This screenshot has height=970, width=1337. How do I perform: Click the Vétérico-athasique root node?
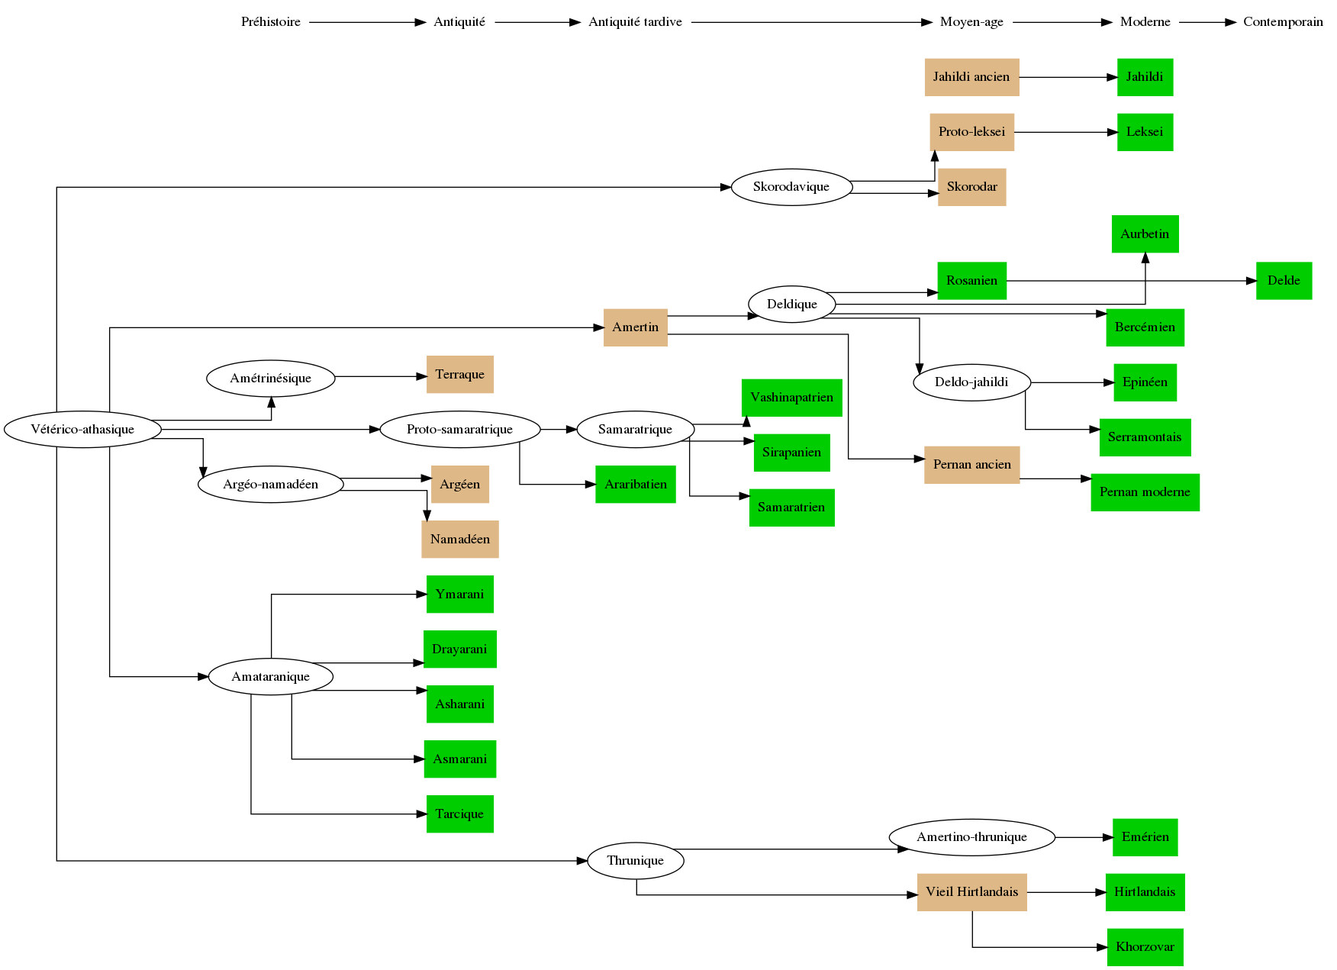(x=82, y=429)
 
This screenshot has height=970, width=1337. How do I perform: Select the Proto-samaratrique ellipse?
(x=459, y=429)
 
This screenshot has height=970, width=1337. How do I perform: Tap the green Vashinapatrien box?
(x=791, y=398)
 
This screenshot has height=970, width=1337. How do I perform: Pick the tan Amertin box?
(x=635, y=327)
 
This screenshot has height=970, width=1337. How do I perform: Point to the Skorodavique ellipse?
(x=791, y=187)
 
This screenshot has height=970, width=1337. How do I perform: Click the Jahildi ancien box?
(x=971, y=77)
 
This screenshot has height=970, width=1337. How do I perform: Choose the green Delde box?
(x=1284, y=281)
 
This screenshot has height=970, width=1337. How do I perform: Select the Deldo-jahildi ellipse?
(x=971, y=382)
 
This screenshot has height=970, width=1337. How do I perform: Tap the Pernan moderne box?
(x=1145, y=492)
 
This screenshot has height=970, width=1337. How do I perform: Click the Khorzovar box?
(x=1145, y=947)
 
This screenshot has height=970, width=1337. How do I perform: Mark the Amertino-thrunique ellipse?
(x=971, y=837)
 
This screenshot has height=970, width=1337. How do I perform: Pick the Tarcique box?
(x=459, y=814)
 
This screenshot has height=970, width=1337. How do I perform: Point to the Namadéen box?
(x=459, y=540)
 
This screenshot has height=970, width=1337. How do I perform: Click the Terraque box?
(x=459, y=375)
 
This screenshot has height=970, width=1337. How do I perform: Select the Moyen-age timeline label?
(x=971, y=22)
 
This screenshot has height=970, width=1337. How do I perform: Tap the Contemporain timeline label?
(x=1283, y=22)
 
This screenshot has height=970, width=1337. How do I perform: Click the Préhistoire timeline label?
(x=271, y=22)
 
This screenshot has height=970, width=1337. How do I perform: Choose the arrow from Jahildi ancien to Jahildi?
(x=1068, y=77)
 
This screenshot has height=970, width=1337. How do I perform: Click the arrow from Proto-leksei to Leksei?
(x=1065, y=132)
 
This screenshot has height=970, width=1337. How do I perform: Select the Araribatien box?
(x=635, y=485)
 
